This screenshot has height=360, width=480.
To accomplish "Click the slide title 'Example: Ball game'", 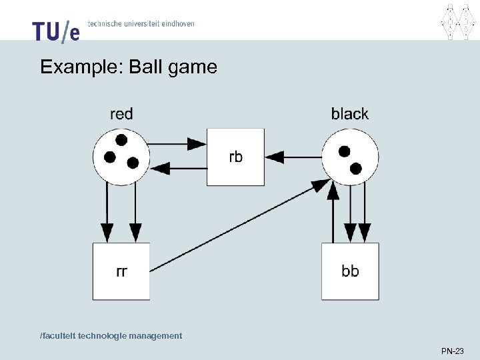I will coord(129,67).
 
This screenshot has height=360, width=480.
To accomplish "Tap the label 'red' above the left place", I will coord(121,114).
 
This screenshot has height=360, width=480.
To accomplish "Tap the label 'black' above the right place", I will coord(349,114).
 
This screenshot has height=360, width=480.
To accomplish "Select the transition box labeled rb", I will coord(235,157).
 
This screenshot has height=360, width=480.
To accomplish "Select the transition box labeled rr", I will coord(121,271).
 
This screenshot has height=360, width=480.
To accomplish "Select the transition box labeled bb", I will coord(350,271).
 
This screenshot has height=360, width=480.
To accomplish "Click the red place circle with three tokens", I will coord(121,157).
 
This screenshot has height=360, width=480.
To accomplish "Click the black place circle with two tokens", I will coord(350,157).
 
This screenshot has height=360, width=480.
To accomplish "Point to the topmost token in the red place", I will coord(121,140).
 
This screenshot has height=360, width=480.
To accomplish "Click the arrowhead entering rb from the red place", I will coord(197,143).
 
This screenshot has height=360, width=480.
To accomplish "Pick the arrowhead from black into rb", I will coord(275,157).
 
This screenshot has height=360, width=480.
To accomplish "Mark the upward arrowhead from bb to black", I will coord(334,190).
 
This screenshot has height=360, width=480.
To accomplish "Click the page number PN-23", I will coord(453,350).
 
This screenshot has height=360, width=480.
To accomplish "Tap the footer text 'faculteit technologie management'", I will coord(111,335).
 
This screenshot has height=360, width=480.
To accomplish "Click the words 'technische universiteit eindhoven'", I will coord(141,23).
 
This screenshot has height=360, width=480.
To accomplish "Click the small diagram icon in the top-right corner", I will coord(451,21).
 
